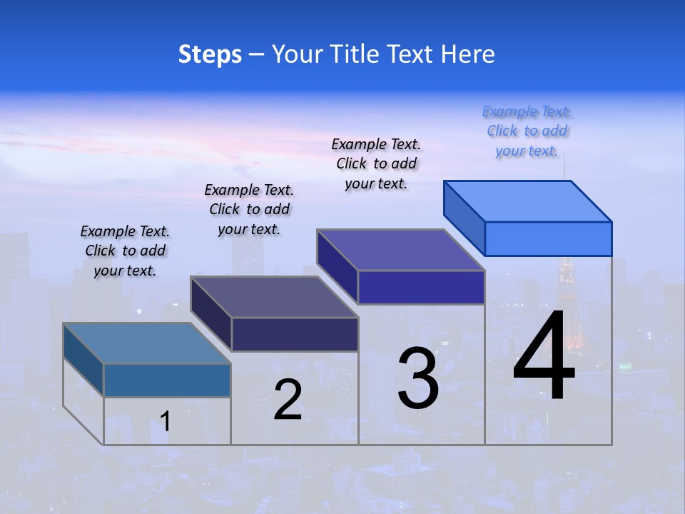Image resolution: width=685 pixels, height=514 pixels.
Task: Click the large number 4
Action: [544, 357]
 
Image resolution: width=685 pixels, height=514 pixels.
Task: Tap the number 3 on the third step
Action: [418, 378]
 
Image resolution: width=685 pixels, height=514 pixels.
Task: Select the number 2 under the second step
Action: [288, 400]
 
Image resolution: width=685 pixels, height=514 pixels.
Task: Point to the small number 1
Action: [165, 422]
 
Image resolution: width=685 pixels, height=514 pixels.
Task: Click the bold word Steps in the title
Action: [210, 54]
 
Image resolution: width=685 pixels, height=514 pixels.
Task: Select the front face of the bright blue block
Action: [548, 238]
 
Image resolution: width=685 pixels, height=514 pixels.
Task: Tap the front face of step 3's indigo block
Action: [421, 287]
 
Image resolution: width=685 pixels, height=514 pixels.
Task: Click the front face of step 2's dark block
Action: [295, 334]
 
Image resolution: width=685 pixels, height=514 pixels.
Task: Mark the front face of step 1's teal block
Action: [167, 380]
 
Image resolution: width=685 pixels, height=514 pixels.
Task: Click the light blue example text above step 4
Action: [527, 131]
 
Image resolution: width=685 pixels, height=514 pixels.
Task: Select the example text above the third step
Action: [376, 163]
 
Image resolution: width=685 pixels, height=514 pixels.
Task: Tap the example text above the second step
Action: [249, 209]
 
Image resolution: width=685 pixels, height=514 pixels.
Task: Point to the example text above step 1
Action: [125, 251]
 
